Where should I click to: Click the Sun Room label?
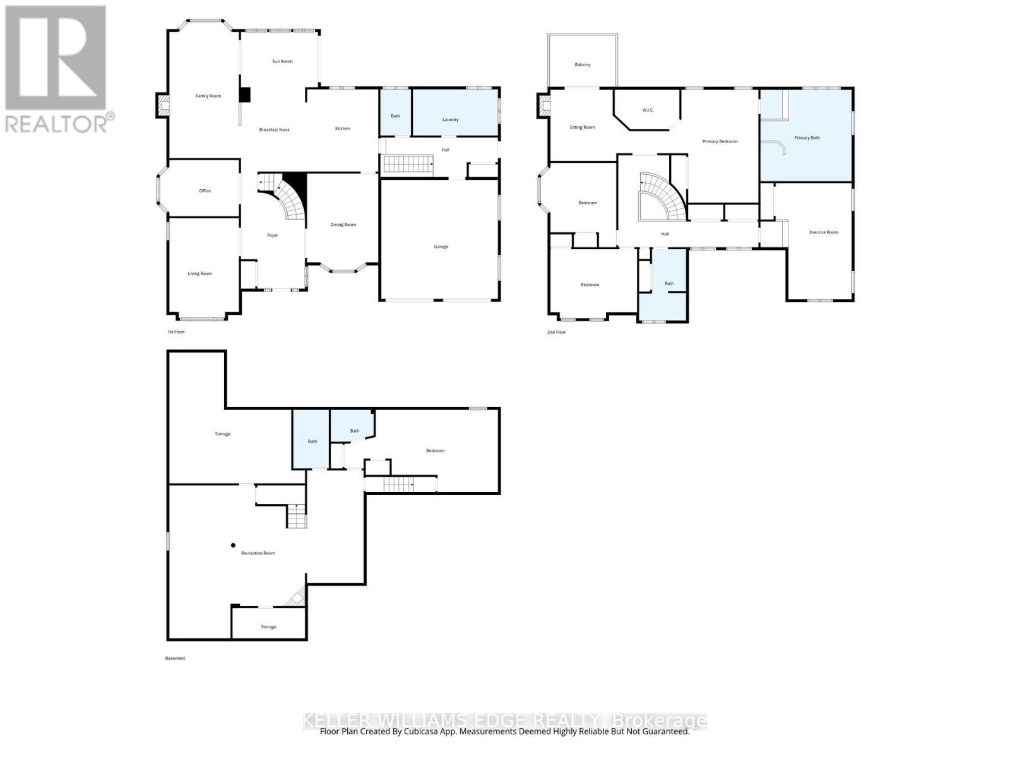[282, 61]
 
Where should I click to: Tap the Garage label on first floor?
[441, 247]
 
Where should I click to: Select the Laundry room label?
[450, 119]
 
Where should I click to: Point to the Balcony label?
[583, 65]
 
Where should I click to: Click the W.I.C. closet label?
[648, 110]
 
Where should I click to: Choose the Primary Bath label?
[807, 138]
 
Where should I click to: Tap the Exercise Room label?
[824, 232]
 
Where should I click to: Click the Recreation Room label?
[258, 553]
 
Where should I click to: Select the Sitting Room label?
[582, 127]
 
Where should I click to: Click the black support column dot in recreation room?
[233, 545]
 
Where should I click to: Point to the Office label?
[205, 191]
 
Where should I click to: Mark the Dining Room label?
[343, 225]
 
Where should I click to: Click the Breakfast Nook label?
[275, 130]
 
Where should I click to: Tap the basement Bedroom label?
[435, 450]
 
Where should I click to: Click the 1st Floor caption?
[175, 332]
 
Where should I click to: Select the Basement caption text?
[175, 658]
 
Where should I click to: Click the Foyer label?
[273, 235]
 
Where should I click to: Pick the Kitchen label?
[342, 129]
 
